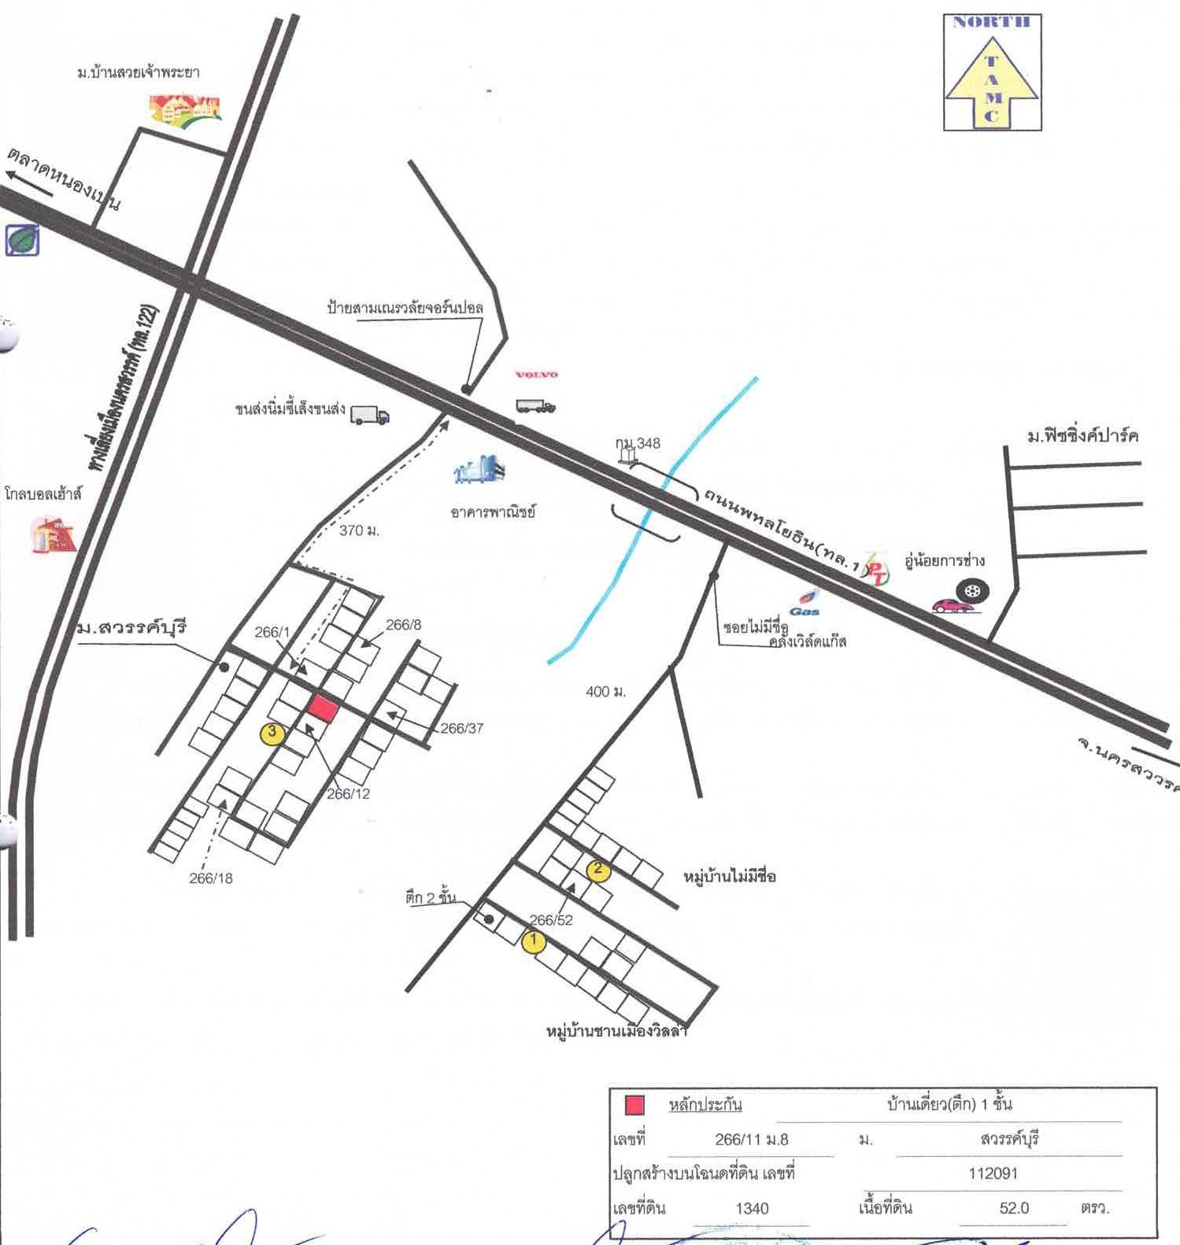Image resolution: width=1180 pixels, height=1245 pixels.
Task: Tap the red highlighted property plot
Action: [323, 708]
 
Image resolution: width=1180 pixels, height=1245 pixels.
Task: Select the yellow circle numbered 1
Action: [534, 941]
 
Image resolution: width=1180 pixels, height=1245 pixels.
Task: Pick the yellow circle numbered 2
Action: [598, 870]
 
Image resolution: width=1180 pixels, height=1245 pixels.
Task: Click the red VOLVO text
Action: [536, 375]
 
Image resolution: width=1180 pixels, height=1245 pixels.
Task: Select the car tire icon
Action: [973, 590]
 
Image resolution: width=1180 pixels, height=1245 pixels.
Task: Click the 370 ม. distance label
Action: [359, 531]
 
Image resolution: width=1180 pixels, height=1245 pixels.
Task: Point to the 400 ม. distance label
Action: [605, 692]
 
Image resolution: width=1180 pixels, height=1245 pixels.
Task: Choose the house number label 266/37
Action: [461, 729]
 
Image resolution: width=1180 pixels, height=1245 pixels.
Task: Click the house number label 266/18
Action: [211, 878]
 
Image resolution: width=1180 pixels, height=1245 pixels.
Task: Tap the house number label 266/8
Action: [403, 625]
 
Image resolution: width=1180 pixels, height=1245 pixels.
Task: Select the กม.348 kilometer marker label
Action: [638, 444]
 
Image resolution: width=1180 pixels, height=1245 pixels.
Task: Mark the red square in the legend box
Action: [634, 1105]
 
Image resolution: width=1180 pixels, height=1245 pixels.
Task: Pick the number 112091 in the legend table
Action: [993, 1173]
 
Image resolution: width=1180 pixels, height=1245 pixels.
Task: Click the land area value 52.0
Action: [1014, 1208]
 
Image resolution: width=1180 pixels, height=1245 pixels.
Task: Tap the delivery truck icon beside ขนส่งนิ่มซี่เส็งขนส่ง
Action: [369, 415]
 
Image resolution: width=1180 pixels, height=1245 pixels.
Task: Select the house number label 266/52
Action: [551, 920]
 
